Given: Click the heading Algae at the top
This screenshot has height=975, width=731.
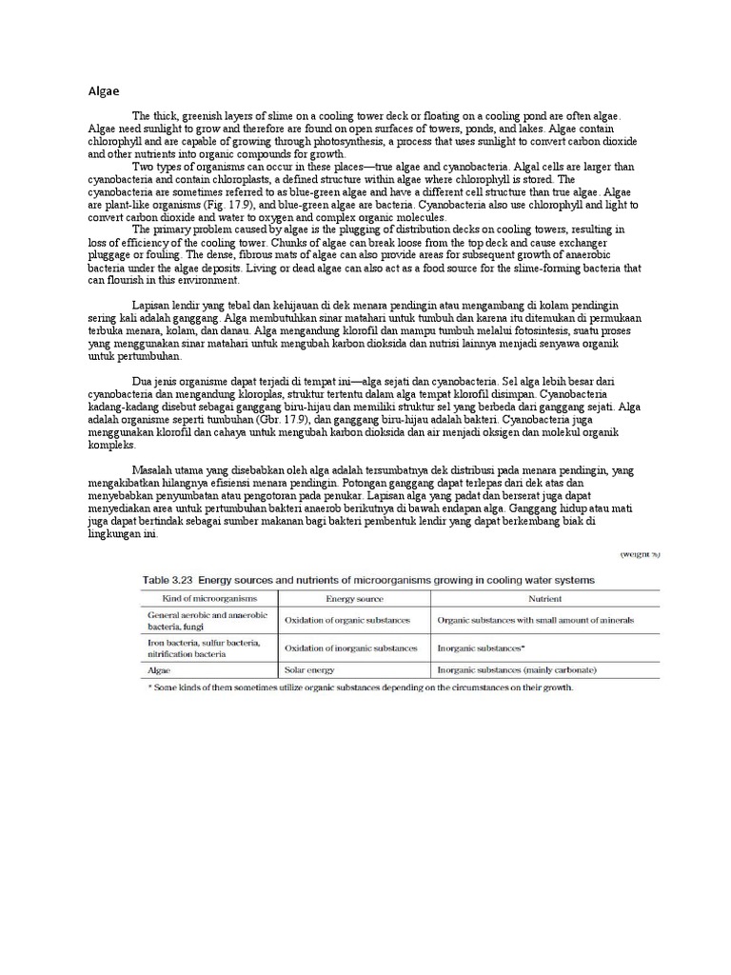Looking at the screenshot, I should [104, 92].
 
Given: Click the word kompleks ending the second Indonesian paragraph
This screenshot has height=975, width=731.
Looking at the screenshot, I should [111, 445].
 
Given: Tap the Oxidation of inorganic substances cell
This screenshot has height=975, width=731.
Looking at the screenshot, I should [351, 647].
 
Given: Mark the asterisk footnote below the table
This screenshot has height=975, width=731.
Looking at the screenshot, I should [358, 687].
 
